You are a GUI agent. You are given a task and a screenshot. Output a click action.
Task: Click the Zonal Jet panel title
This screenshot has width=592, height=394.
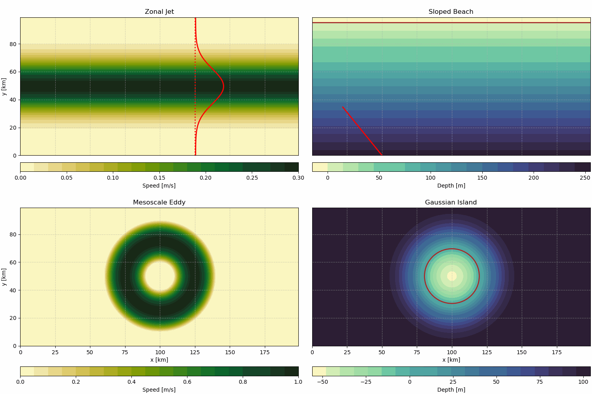tap(159, 12)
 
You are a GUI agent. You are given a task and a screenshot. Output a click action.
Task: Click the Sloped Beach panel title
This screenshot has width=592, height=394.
tap(451, 12)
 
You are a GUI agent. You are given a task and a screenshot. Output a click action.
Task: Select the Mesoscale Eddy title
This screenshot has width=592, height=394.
tap(159, 203)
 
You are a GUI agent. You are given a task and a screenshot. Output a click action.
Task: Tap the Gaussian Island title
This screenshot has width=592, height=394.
tap(451, 203)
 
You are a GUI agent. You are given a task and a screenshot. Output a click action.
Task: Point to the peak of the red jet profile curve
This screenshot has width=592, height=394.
tap(223, 86)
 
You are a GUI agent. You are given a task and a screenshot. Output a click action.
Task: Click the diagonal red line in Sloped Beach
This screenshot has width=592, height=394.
tap(362, 130)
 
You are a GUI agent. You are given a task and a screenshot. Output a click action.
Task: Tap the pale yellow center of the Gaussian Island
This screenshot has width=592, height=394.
tap(452, 276)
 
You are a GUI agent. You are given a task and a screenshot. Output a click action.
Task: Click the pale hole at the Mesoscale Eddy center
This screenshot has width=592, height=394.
tap(160, 276)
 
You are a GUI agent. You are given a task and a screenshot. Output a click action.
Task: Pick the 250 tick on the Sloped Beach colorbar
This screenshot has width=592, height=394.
tap(585, 178)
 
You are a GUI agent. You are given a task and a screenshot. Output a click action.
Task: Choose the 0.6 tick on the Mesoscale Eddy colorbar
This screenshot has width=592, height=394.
tap(187, 381)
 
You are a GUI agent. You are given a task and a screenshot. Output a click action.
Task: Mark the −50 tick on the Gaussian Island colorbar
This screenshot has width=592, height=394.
tap(322, 381)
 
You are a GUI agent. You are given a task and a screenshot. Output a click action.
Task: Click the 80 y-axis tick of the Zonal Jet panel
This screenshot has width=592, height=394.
tap(13, 44)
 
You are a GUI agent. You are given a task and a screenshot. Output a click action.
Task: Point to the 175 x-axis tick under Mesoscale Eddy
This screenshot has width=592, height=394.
tap(265, 352)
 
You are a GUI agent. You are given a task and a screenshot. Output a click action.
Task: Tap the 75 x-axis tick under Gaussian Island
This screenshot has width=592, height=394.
tap(417, 352)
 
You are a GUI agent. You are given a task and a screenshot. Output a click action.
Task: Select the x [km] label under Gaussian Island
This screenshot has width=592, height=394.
tap(451, 360)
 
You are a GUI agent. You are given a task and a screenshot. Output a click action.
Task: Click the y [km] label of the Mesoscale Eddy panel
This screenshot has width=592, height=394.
tap(4, 277)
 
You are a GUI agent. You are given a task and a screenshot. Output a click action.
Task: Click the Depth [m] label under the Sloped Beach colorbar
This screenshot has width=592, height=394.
tap(451, 186)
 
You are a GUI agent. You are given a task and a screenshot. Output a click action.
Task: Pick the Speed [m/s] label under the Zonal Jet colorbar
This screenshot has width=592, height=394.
tap(159, 186)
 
